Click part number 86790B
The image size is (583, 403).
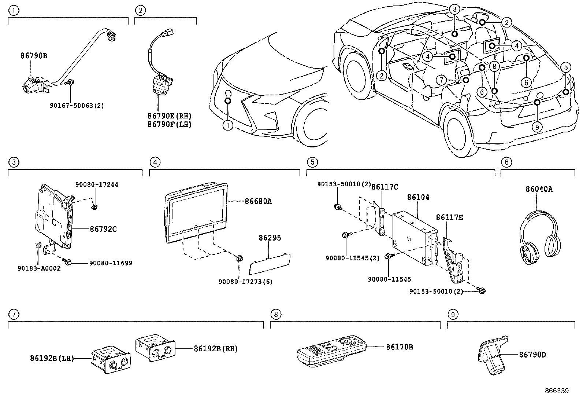tap(34, 56)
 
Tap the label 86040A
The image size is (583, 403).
tap(539, 189)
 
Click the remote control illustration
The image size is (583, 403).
tap(331, 350)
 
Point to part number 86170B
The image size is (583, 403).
tap(399, 347)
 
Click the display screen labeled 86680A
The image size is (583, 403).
tap(196, 213)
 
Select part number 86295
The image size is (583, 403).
tap(270, 238)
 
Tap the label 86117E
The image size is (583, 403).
tap(449, 217)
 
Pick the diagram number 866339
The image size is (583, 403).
tap(556, 391)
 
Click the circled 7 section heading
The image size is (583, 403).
tap(13, 314)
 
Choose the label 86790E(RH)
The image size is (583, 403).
tap(170, 116)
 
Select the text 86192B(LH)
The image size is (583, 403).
tap(52, 358)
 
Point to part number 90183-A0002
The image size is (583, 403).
tap(39, 268)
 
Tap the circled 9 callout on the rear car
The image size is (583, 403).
tap(537, 127)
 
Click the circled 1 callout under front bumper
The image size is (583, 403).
tap(228, 126)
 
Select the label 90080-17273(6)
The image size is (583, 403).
tap(245, 282)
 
